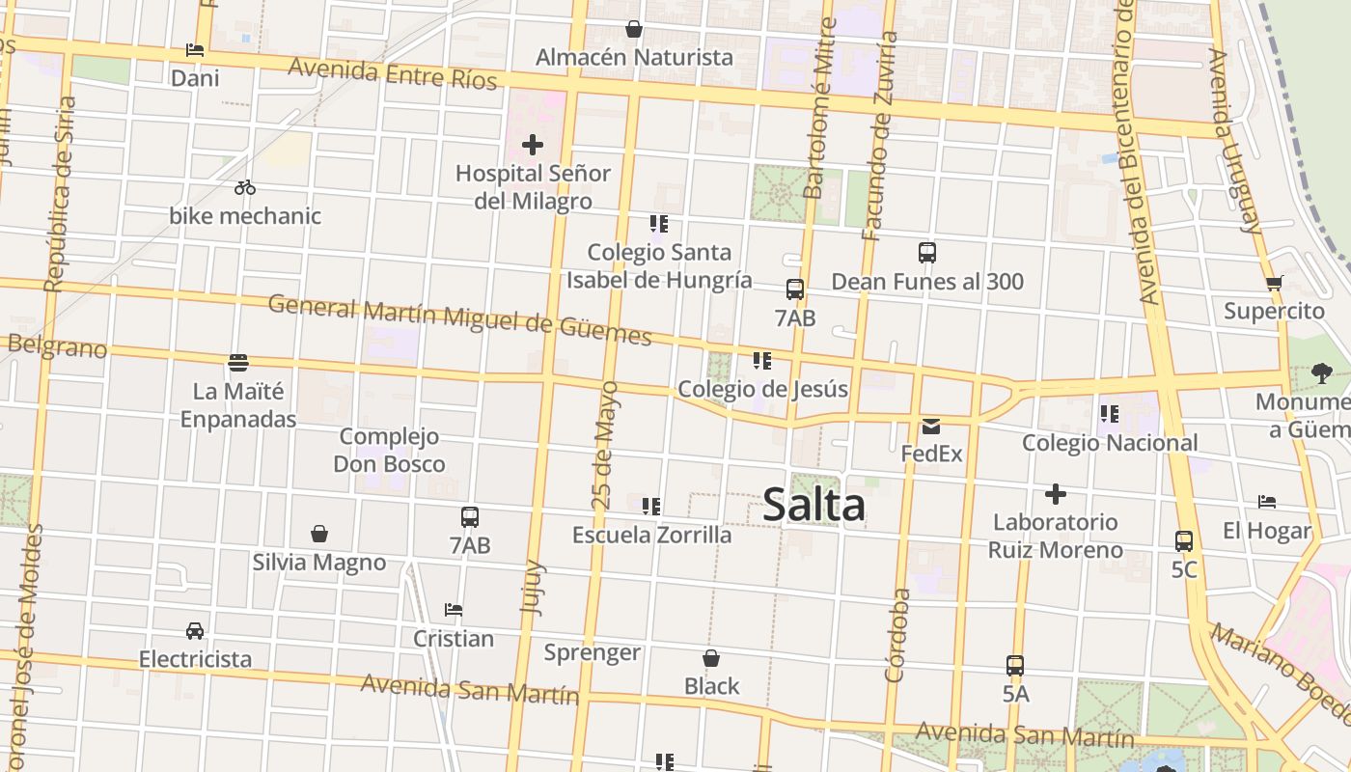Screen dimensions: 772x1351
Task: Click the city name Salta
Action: pos(813,506)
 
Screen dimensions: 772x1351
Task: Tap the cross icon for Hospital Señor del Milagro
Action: pos(532,146)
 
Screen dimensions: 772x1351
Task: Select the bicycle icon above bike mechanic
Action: pos(245,187)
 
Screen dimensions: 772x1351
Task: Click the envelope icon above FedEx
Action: pos(931,426)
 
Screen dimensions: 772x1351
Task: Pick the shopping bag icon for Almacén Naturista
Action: pos(634,29)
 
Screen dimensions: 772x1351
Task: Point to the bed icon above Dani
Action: pos(195,50)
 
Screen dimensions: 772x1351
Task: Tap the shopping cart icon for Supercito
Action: pos(1274,284)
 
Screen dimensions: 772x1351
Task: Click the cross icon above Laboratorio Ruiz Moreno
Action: pos(1056,495)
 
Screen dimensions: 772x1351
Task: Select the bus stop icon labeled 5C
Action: pos(1184,541)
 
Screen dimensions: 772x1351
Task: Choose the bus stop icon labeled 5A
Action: pos(1015,666)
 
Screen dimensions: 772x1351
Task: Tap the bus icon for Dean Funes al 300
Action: pos(927,253)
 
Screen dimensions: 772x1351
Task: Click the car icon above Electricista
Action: pos(195,631)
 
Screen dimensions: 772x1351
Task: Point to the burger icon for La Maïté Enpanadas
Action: pos(238,363)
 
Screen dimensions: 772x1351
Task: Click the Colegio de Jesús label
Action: pos(762,389)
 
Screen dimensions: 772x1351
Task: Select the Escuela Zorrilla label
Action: pos(651,535)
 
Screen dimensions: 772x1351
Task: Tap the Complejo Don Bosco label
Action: pos(389,451)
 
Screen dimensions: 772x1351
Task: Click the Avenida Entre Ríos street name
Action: pos(392,73)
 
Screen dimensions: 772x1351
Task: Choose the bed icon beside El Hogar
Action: pos(1267,502)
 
